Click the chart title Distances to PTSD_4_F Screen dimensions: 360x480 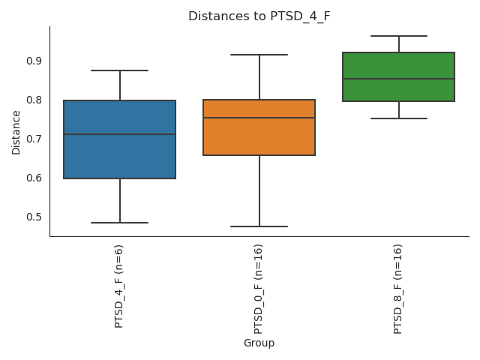(259, 16)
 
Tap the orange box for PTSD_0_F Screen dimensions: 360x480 (259, 139)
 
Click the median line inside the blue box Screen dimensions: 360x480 (120, 134)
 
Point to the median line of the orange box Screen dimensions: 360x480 (259, 118)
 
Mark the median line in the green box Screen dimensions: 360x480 (398, 79)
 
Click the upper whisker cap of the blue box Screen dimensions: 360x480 (120, 70)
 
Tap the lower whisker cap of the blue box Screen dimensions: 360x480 (120, 223)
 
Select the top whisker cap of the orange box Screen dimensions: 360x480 (259, 55)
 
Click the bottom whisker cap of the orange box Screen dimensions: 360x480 (259, 226)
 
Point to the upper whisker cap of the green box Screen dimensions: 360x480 (398, 36)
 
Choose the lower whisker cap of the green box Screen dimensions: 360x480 (398, 118)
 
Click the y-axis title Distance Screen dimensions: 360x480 (16, 132)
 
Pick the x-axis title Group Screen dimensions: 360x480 (259, 343)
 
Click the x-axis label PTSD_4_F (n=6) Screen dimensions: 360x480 (119, 286)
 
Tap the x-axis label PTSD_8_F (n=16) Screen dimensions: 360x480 (398, 289)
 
